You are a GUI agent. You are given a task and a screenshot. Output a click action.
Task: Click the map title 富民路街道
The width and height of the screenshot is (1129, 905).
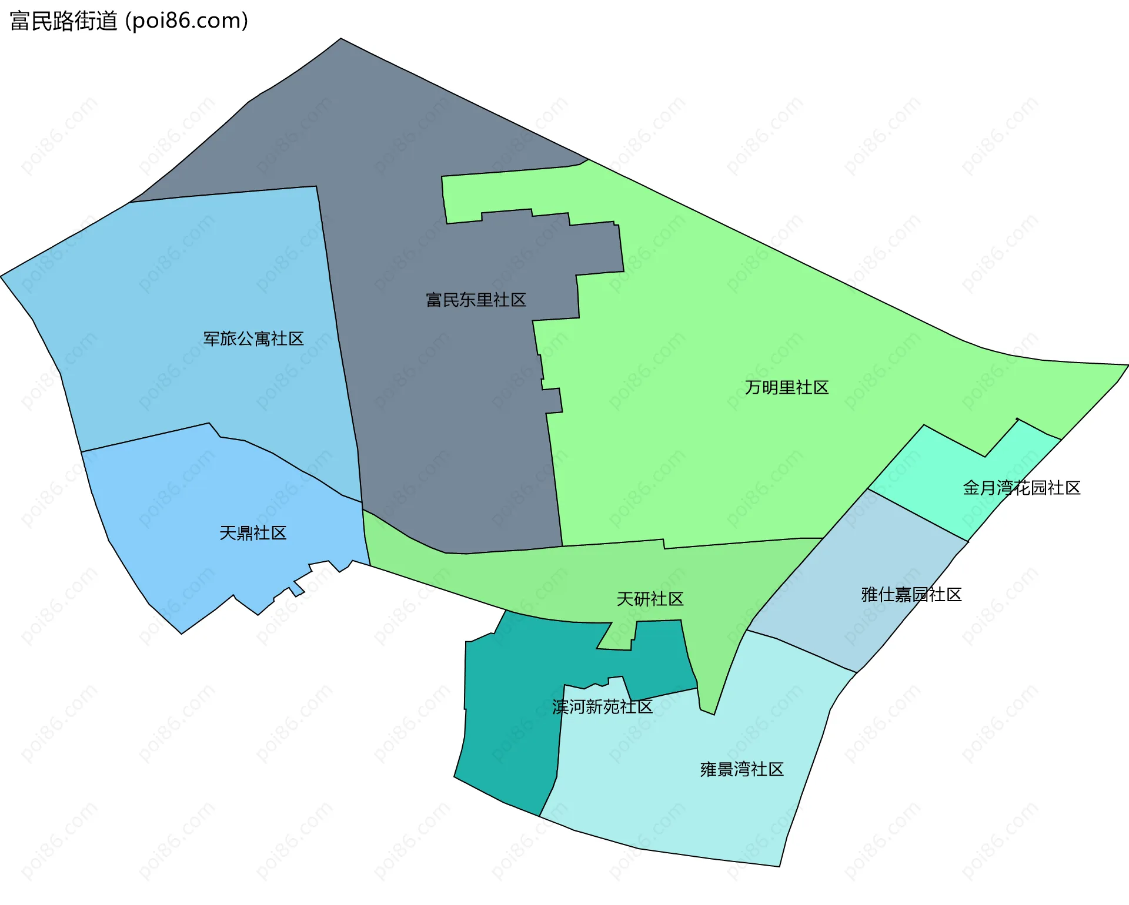[x=64, y=21]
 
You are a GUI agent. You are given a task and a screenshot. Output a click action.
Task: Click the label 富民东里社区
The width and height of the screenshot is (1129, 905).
[x=476, y=300]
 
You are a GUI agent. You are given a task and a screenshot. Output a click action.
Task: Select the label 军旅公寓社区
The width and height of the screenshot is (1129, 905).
[x=253, y=339]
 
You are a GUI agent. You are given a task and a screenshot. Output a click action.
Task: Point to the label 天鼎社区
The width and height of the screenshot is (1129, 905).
[x=253, y=534]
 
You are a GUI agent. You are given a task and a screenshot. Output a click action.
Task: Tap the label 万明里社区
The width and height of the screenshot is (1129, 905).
[x=787, y=388]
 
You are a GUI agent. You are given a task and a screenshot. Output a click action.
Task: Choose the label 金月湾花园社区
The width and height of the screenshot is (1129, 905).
[x=1021, y=488]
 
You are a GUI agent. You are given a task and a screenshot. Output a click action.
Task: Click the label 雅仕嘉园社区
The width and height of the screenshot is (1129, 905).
[x=911, y=595]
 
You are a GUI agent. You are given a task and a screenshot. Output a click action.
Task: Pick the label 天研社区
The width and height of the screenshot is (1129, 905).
[x=650, y=599]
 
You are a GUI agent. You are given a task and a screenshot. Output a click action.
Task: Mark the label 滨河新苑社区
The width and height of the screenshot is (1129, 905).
[x=602, y=707]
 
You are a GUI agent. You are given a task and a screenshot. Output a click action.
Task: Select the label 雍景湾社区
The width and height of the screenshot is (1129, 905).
[x=741, y=770]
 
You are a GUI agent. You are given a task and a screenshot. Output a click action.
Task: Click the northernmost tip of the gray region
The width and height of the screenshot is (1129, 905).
[x=341, y=39]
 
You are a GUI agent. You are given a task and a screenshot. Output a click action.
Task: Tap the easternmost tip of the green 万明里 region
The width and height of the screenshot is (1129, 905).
[x=1127, y=366]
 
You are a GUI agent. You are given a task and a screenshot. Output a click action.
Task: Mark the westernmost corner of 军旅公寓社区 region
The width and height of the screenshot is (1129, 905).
[x=2, y=276]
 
